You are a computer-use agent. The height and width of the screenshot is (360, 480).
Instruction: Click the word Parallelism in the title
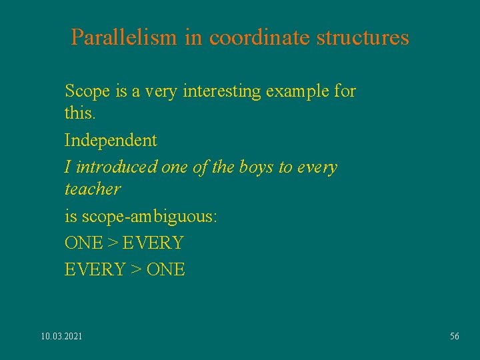[125, 37]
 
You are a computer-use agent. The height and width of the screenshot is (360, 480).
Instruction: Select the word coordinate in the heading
[260, 37]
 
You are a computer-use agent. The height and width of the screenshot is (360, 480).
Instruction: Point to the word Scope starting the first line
[83, 91]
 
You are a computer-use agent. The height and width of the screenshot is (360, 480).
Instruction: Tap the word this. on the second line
[80, 113]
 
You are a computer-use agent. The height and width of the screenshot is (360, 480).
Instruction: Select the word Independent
[111, 140]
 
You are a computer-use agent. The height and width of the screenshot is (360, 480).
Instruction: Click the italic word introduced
[117, 167]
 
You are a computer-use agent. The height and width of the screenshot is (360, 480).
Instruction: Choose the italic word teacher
[93, 189]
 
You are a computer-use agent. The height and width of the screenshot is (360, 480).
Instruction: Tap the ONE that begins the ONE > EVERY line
[83, 243]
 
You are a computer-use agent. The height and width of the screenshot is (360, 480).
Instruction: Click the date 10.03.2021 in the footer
[61, 336]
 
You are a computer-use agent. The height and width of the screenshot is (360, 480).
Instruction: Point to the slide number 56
[455, 336]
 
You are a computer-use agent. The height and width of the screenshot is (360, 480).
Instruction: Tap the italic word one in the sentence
[175, 167]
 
